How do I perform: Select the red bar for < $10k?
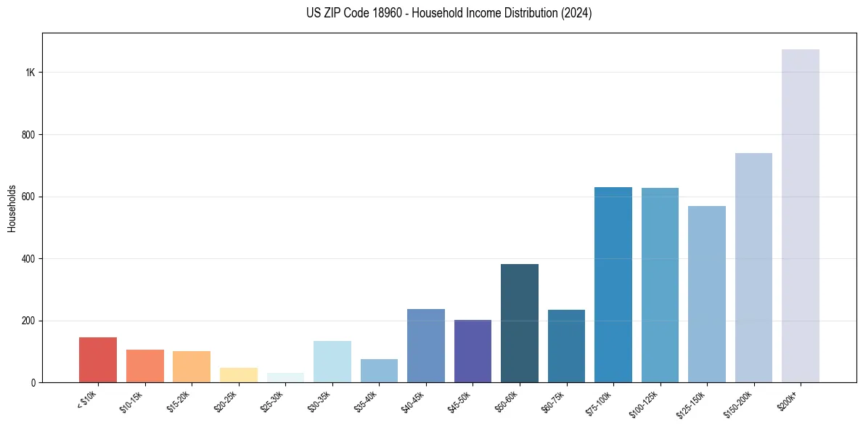[x=98, y=360]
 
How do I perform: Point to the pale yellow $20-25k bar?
[x=239, y=375]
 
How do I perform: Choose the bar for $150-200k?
[x=753, y=268]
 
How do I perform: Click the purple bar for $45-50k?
[x=473, y=351]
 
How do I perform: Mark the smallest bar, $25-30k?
[x=285, y=378]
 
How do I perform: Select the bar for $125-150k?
[x=707, y=294]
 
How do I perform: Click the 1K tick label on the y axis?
[x=30, y=73]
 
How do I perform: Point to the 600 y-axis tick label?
[x=28, y=197]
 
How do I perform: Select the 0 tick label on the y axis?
[x=33, y=382]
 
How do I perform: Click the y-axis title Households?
[x=12, y=207]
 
